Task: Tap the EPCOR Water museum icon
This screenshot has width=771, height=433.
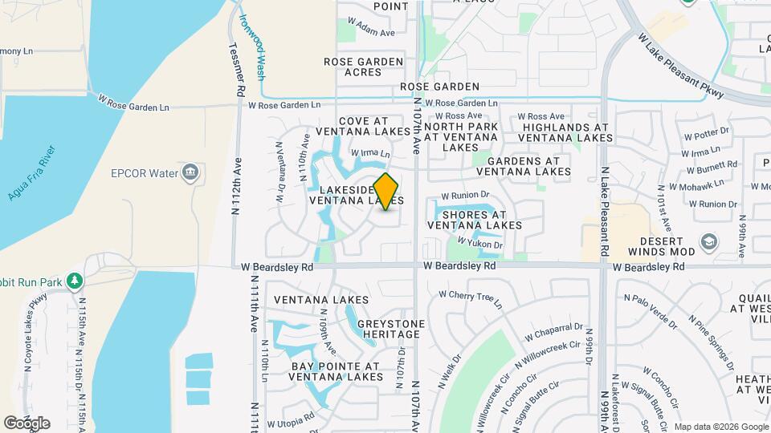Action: [190, 172]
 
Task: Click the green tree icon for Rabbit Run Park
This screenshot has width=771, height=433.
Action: [75, 281]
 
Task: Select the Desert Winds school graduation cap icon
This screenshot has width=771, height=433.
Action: [708, 241]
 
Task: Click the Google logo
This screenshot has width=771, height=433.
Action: [27, 423]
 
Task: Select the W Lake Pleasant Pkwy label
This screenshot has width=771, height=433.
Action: [680, 66]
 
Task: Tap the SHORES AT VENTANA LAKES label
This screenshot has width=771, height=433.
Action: [475, 220]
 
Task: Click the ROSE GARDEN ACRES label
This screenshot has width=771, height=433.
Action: [363, 67]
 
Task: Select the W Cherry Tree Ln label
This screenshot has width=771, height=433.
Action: [475, 297]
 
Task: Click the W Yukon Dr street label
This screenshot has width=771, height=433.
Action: [479, 242]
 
